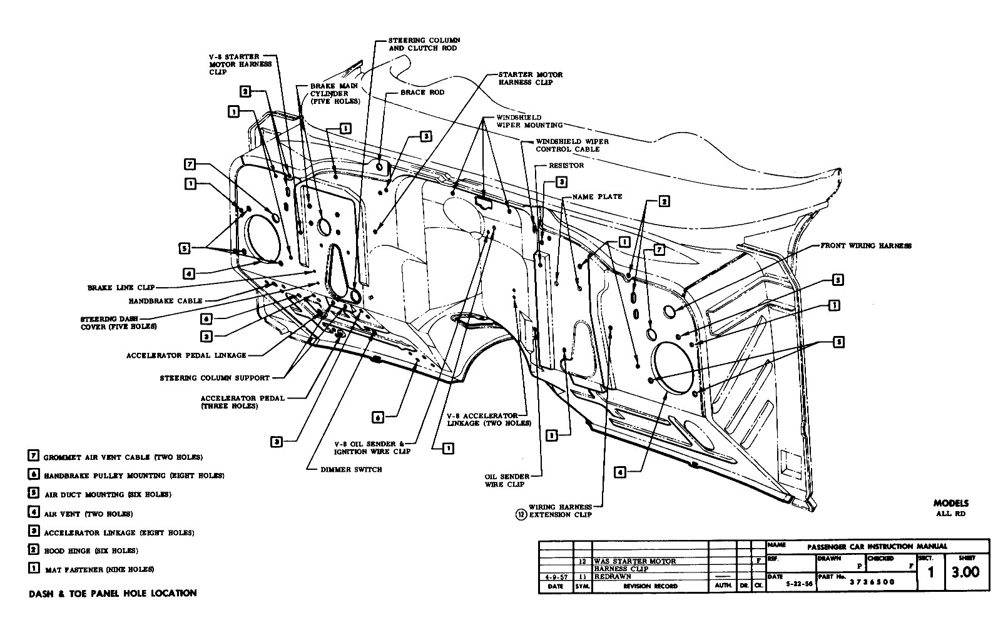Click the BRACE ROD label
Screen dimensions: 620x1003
(x=422, y=93)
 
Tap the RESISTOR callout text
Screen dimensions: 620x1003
(x=566, y=166)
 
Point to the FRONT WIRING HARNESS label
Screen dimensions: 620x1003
(x=865, y=246)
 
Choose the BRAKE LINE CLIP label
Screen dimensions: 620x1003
(x=121, y=288)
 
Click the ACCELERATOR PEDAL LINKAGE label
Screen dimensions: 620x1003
(x=186, y=355)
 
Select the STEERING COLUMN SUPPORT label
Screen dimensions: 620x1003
(x=215, y=378)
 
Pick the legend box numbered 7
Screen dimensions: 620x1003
(x=34, y=457)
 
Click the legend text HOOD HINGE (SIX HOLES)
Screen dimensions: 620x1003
(x=91, y=551)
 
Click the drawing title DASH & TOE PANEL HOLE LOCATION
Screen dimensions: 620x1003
(x=113, y=593)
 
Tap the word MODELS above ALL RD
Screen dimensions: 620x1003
(x=950, y=503)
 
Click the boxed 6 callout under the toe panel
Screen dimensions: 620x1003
(x=378, y=417)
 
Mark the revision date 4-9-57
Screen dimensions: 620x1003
(x=556, y=576)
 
